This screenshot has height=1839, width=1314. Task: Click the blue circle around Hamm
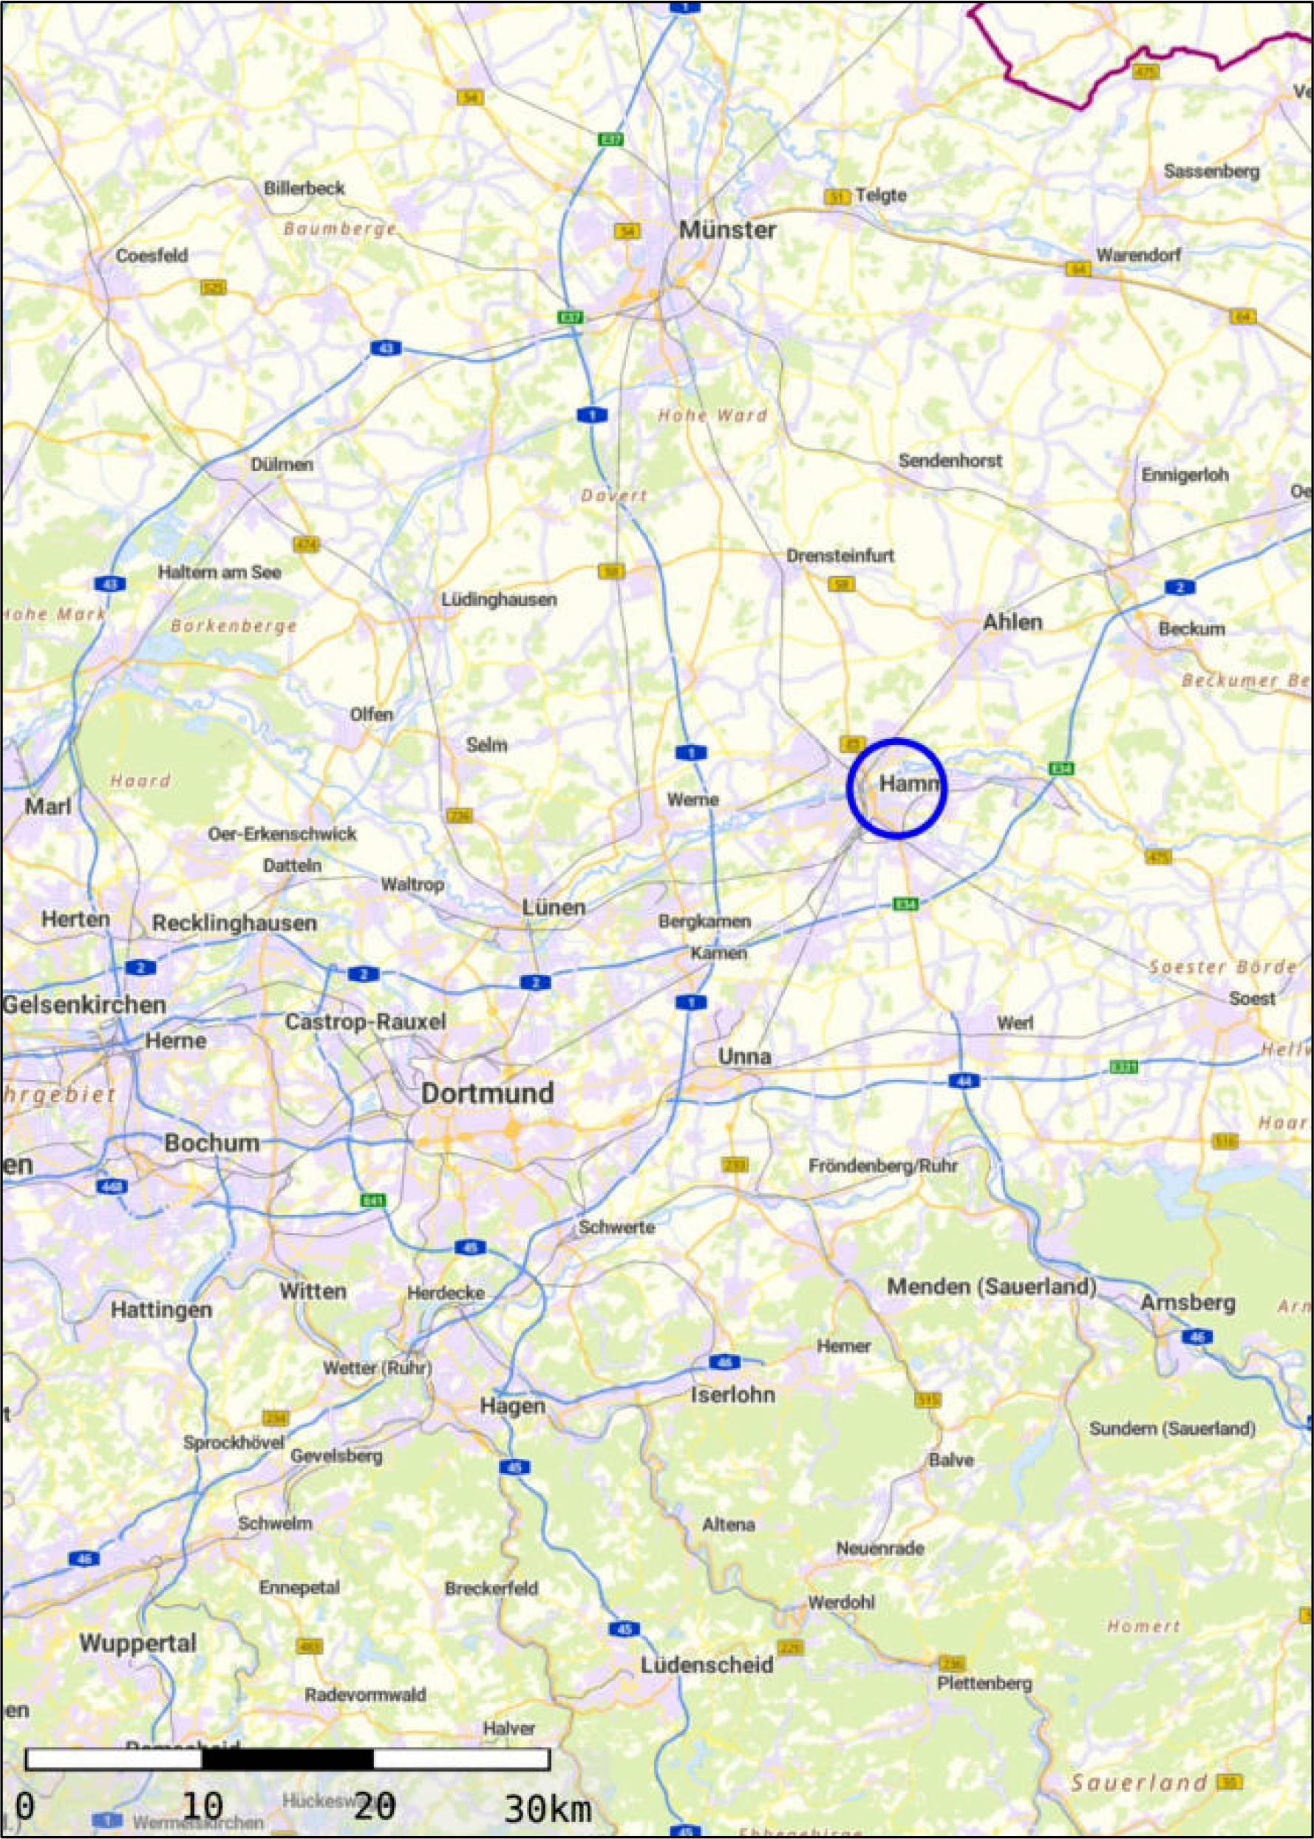[x=896, y=787]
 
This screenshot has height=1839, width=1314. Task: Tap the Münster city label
[x=726, y=230]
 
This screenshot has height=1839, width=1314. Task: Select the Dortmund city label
[x=487, y=1093]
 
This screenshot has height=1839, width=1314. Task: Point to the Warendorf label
[x=1137, y=255]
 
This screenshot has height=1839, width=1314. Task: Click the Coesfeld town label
[x=152, y=256]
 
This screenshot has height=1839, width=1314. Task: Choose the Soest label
[x=1252, y=999]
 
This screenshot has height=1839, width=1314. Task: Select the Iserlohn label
[x=732, y=1394]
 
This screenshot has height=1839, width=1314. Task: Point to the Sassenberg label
[x=1211, y=171]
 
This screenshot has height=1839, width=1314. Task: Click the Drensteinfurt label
[x=840, y=556]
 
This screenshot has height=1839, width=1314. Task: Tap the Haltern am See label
[x=219, y=572]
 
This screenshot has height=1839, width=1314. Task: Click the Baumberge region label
[x=340, y=229]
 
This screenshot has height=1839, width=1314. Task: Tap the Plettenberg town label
[x=984, y=1683]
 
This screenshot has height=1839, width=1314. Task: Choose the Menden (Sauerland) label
[x=991, y=1286]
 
